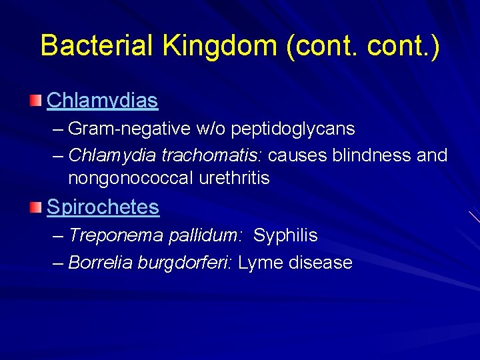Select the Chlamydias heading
(x=102, y=101)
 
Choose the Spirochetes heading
(x=103, y=207)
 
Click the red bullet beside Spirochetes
(x=35, y=208)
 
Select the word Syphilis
(x=285, y=235)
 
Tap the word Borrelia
(x=100, y=263)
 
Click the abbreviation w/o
(x=214, y=128)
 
